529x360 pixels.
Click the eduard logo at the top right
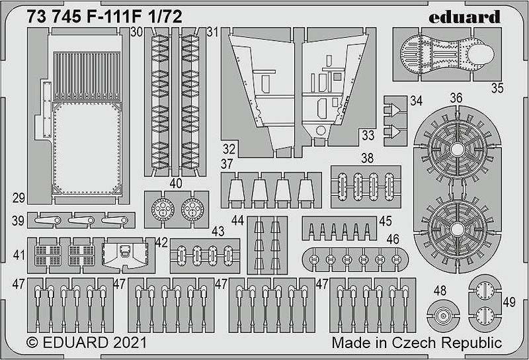(x=464, y=17)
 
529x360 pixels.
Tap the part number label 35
(x=497, y=88)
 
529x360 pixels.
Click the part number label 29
(x=19, y=198)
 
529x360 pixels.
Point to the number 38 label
(x=367, y=158)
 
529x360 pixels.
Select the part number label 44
(x=237, y=220)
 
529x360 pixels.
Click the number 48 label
(x=440, y=291)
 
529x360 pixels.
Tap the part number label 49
(x=509, y=302)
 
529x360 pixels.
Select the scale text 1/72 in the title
(x=167, y=16)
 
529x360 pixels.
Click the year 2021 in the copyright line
(x=130, y=343)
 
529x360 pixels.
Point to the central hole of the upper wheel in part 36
(x=457, y=150)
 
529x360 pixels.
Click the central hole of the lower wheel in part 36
(x=457, y=230)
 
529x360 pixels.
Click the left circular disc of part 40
(x=163, y=209)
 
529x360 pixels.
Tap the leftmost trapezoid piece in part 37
(x=236, y=191)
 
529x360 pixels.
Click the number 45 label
(x=386, y=221)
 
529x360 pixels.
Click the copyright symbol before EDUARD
(x=32, y=343)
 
